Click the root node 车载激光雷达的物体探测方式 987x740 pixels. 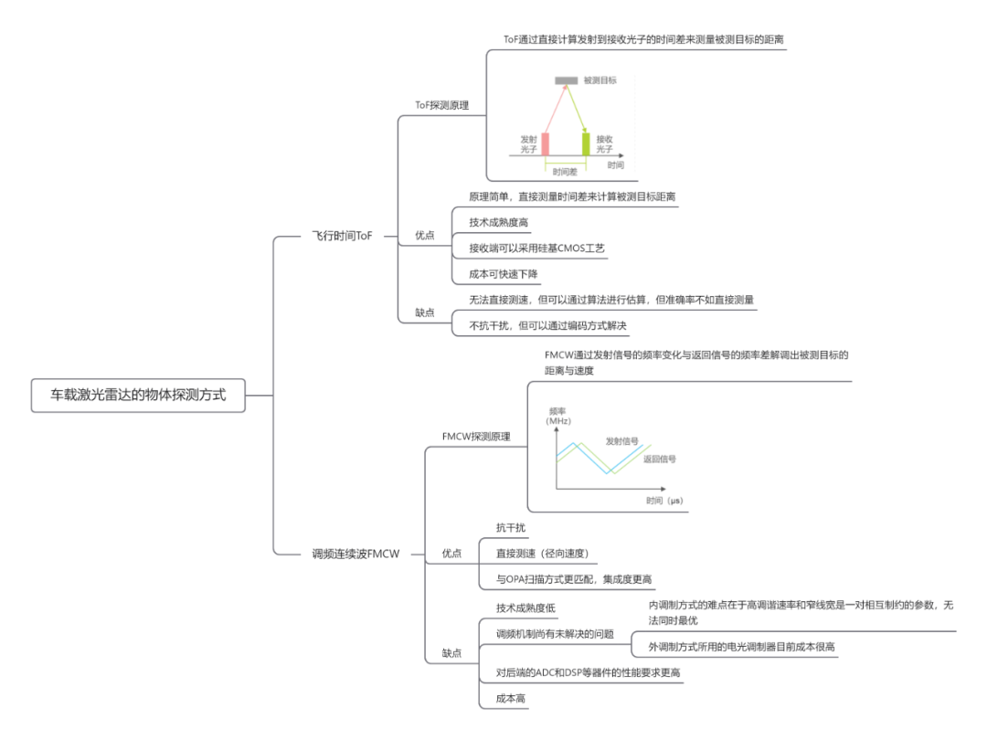pos(137,396)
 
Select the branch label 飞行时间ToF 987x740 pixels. pos(342,236)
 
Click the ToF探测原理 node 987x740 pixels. pos(442,105)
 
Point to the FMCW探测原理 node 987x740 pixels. pos(476,437)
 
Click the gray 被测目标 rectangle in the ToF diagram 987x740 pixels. pos(567,81)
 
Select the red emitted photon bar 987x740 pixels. pos(545,143)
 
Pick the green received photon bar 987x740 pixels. pos(586,143)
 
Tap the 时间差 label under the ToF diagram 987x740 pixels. pos(565,171)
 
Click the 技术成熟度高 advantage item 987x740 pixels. pos(499,222)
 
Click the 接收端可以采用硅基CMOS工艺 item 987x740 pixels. pos(536,248)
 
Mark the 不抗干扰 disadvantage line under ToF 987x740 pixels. pos(548,325)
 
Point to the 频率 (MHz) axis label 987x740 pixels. pos(558,416)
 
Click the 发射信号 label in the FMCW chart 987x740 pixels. pos(621,441)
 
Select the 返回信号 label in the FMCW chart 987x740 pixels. pos(659,459)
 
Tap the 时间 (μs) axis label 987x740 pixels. pos(664,501)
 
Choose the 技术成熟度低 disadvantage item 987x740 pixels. pos(525,608)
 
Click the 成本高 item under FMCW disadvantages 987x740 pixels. pos(510,698)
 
